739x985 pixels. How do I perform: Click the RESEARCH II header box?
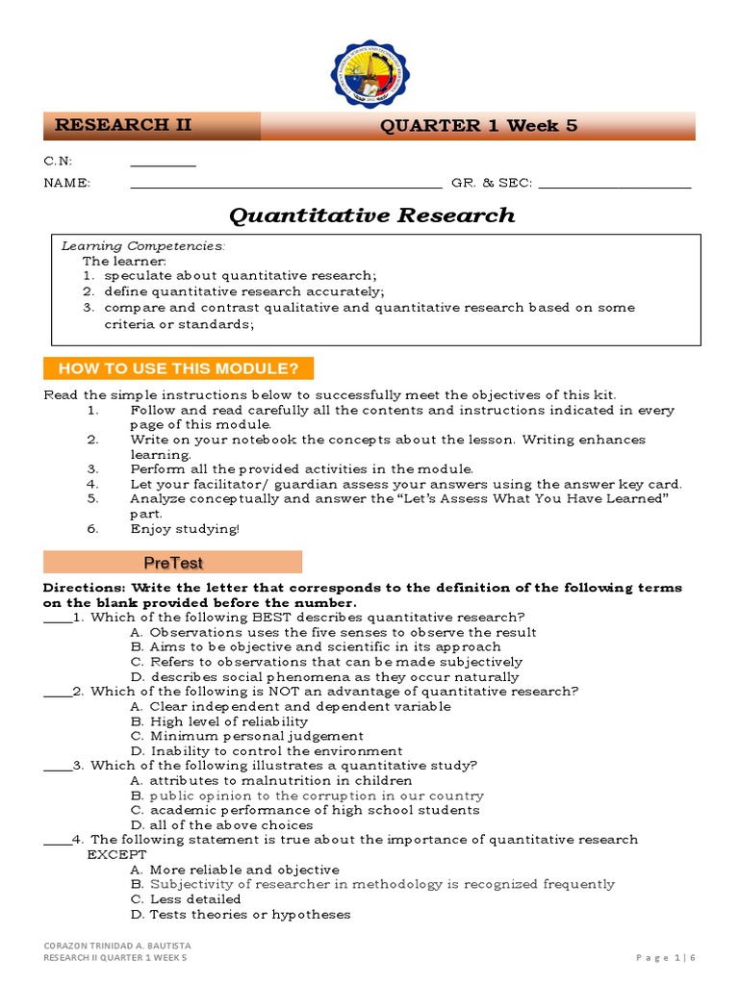point(151,126)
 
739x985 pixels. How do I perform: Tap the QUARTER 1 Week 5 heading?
point(478,126)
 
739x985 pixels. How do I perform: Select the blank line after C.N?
point(163,164)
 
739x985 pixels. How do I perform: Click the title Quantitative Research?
point(370,215)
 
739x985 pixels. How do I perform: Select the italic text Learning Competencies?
point(143,246)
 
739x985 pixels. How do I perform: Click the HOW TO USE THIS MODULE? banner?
point(179,368)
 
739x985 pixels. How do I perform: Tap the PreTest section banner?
point(173,563)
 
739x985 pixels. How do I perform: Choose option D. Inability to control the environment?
point(267,751)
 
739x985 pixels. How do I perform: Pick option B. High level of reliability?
point(219,721)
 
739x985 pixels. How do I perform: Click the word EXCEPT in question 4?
point(117,855)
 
